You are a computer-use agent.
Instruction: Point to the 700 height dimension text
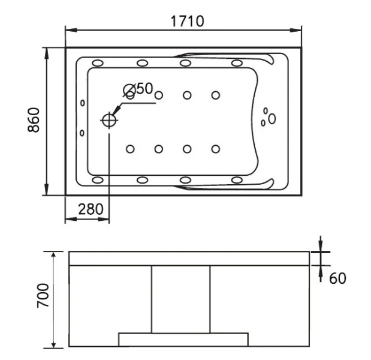click(x=42, y=297)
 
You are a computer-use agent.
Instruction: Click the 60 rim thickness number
click(x=337, y=278)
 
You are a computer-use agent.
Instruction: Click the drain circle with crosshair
click(x=109, y=120)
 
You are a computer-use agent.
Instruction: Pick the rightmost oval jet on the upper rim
click(x=237, y=63)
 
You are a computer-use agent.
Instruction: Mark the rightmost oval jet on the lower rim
click(x=237, y=179)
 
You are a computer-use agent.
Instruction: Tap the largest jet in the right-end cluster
click(x=272, y=119)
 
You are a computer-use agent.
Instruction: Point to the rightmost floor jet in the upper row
click(x=215, y=95)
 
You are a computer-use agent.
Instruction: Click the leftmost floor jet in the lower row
click(x=130, y=148)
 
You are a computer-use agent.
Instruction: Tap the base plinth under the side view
click(x=183, y=339)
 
